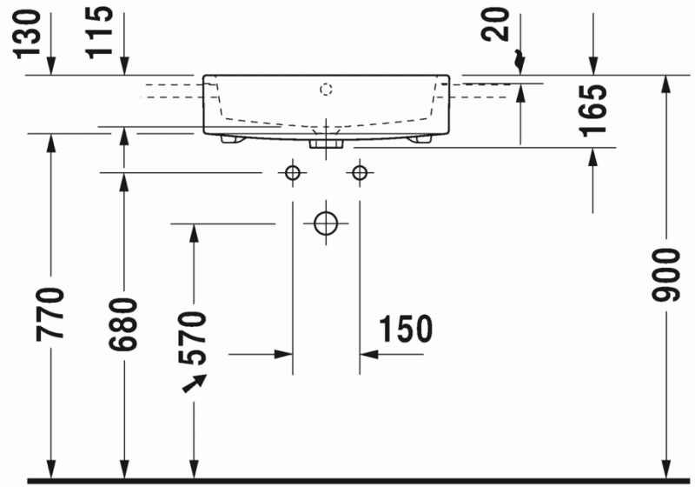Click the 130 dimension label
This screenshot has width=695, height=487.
pos(30,30)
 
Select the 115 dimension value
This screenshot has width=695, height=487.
pos(103,30)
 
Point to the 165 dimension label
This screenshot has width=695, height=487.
pos(594,110)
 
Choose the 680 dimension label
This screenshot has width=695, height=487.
pos(124,324)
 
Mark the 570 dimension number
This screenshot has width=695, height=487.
pos(193,337)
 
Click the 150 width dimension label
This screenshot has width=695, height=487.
pos(405,330)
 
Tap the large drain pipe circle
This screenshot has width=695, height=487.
pos(326,223)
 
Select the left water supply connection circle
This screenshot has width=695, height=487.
pos(293,172)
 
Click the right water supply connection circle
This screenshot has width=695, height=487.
pos(359,172)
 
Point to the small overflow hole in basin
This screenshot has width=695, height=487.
pos(327,88)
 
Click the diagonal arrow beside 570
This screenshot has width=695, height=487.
pos(195,384)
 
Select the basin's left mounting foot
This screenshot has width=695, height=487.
pos(231,138)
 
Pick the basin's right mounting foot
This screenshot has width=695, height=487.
pos(422,138)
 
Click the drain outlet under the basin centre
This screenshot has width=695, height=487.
pos(327,139)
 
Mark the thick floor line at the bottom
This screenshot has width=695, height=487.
pos(347,480)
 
